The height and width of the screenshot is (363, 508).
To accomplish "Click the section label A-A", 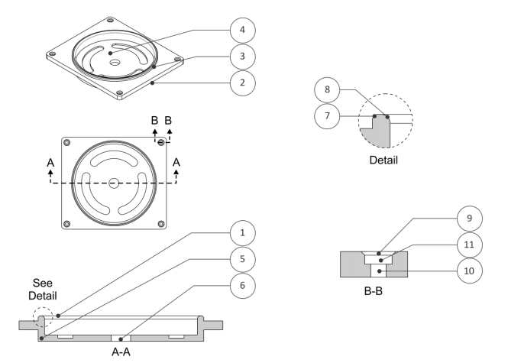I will pos(119,355).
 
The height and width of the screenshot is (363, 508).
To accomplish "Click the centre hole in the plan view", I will pos(113,183).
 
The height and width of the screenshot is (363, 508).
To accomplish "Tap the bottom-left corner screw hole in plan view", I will pos(67,223).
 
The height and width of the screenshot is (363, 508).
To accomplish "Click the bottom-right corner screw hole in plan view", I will pos(160,223).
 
